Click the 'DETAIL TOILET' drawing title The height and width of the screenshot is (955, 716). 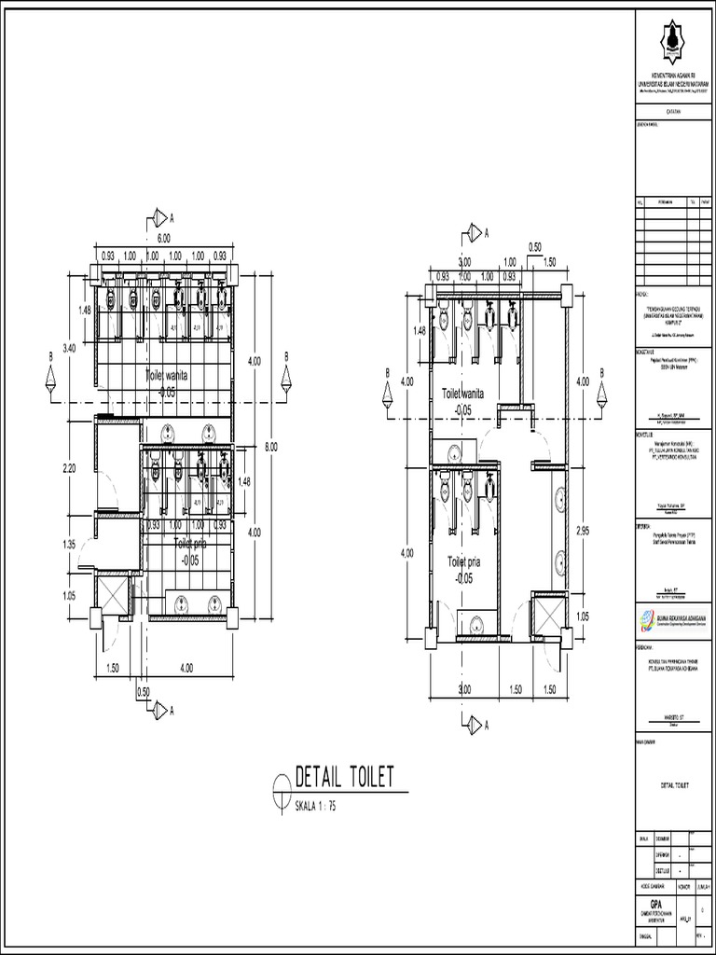coord(345,776)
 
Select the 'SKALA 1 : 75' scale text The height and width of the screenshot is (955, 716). coord(314,807)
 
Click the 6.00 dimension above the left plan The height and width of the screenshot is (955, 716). coord(163,239)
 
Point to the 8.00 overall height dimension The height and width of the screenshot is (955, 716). coord(271,447)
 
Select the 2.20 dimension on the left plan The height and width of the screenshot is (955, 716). coord(69,469)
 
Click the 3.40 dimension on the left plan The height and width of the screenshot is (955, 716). coord(69,349)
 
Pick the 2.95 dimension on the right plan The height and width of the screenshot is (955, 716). coord(584,530)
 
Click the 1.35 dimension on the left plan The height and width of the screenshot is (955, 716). coord(69,545)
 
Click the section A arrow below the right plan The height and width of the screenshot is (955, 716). coord(476,724)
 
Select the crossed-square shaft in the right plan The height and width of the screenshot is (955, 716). coord(547,616)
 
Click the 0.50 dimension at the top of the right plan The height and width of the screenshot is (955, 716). coord(535,247)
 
